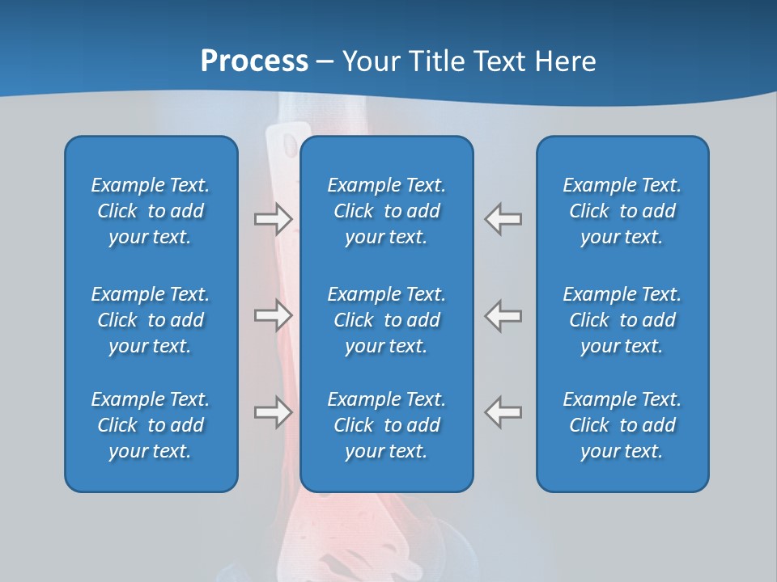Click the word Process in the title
(254, 61)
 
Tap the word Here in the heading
(564, 61)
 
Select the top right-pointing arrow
(274, 219)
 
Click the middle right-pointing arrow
(274, 315)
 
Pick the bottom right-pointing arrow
(274, 412)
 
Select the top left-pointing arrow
(503, 219)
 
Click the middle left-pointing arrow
(503, 315)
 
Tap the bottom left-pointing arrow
(503, 412)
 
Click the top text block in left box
(151, 211)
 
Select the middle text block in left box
(151, 320)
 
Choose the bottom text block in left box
(151, 425)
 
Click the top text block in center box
(386, 211)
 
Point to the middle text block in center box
(386, 320)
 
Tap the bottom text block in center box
(386, 425)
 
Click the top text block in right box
(622, 211)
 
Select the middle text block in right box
(622, 320)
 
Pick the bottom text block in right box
(622, 425)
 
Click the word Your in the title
(369, 61)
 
